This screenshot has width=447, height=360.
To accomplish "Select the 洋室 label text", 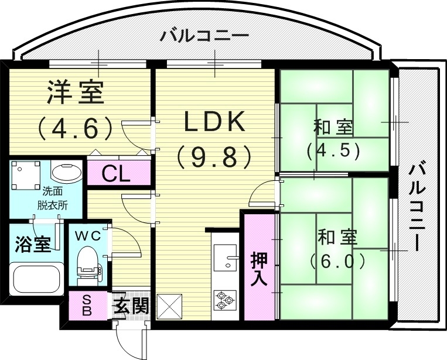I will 75,92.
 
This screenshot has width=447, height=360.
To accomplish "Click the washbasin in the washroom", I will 67,172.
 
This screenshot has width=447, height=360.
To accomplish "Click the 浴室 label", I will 32,244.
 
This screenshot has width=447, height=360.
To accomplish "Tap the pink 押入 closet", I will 258,268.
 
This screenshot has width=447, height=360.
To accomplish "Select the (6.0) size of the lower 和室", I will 337,260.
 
